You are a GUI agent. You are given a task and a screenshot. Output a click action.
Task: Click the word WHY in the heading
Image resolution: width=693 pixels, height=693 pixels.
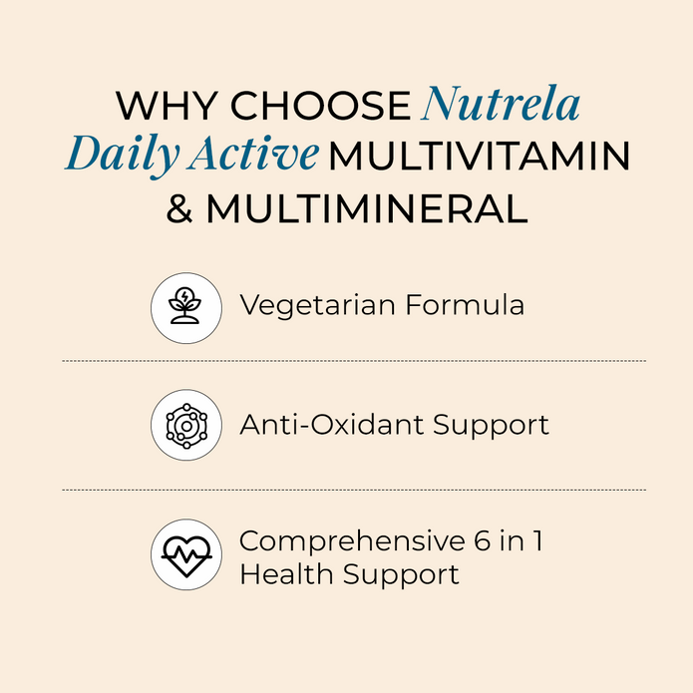tap(167, 106)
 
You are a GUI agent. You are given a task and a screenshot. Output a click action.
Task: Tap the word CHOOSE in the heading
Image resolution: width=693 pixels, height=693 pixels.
tap(321, 106)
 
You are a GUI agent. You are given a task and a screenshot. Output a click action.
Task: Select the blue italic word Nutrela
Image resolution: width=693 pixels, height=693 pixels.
tap(501, 104)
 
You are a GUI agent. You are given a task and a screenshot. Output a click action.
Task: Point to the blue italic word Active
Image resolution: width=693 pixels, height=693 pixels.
tap(253, 154)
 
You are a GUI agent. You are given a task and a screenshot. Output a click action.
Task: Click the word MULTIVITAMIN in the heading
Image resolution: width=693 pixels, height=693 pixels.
tap(479, 156)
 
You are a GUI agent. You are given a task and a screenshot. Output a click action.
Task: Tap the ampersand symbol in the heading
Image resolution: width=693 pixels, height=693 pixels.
tap(179, 207)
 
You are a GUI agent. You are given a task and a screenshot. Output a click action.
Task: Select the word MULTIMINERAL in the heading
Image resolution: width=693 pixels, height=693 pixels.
tap(367, 207)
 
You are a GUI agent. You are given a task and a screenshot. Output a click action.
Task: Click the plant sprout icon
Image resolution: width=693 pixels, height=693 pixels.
tap(185, 306)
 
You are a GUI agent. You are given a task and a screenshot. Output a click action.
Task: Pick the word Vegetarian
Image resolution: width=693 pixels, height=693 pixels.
tap(317, 306)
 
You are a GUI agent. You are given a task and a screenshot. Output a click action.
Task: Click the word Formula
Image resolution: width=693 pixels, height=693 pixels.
tap(465, 304)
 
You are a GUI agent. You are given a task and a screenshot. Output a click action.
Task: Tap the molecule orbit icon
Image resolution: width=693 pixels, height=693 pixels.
tap(186, 426)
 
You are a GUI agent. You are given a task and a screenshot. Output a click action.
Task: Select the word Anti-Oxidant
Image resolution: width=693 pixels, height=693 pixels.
tap(332, 425)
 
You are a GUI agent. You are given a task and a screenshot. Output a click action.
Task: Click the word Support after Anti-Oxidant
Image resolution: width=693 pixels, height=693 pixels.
tap(491, 426)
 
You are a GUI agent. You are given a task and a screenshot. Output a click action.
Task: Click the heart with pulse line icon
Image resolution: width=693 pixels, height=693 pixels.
tap(186, 555)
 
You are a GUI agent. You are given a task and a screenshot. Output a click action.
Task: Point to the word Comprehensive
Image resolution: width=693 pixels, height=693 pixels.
tap(352, 541)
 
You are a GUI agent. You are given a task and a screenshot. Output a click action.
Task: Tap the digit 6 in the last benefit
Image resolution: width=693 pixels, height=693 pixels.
tap(483, 540)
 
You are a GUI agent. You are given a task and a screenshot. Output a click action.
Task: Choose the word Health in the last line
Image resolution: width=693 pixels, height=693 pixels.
tap(286, 574)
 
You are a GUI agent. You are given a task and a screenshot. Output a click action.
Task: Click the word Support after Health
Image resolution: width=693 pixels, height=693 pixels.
tap(401, 576)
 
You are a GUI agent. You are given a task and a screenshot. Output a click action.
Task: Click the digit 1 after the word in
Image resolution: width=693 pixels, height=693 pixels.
tap(537, 540)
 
